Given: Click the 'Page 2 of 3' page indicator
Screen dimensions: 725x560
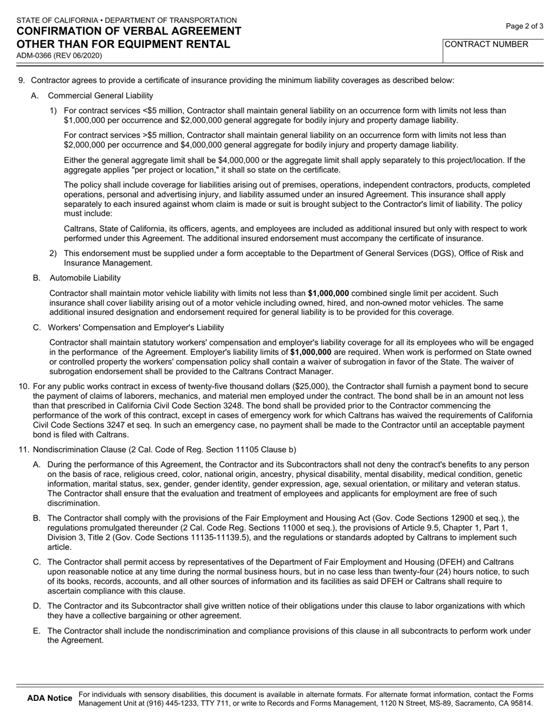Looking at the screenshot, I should [525, 26].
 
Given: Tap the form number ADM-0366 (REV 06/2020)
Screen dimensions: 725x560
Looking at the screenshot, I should [59, 56].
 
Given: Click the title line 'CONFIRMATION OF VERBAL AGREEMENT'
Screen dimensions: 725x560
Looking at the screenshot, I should [129, 31].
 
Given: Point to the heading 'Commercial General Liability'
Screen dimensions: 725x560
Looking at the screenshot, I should [100, 95].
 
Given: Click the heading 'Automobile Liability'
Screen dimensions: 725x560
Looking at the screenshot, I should [85, 278].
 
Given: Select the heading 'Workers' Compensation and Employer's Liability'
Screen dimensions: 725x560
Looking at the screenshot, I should [136, 327].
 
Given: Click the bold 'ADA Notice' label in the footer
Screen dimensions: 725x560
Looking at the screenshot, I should [50, 698].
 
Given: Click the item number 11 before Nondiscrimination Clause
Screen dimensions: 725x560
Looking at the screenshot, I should [24, 450].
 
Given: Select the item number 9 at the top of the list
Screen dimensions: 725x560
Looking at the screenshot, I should [22, 80].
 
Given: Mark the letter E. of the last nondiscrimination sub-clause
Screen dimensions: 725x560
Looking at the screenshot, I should [37, 631].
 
